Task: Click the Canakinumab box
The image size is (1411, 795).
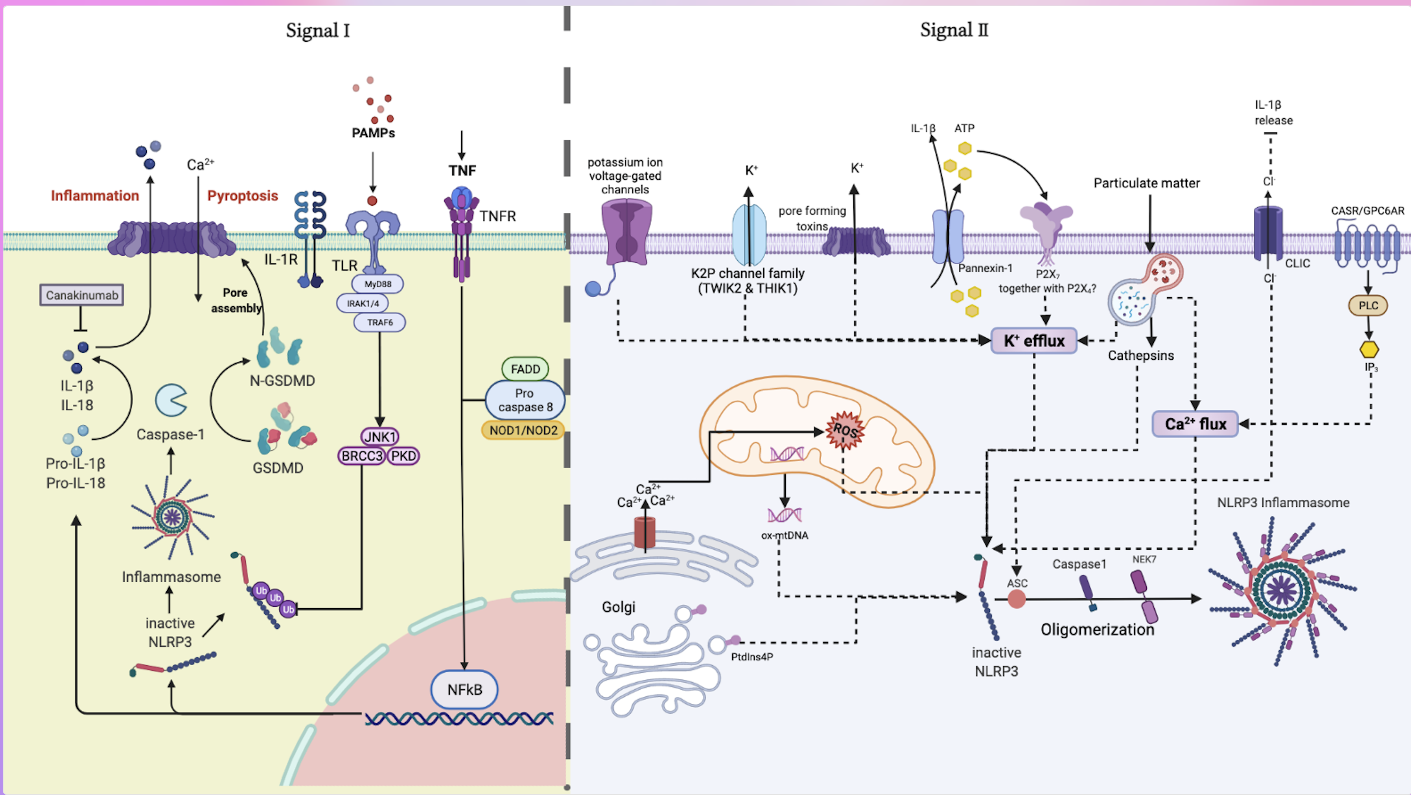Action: pyautogui.click(x=82, y=295)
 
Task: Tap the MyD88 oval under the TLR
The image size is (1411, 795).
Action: pyautogui.click(x=378, y=283)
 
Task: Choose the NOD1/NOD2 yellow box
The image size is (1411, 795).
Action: pyautogui.click(x=523, y=431)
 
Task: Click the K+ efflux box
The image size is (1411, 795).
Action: pyautogui.click(x=1033, y=340)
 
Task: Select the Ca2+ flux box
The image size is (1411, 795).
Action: pyautogui.click(x=1195, y=424)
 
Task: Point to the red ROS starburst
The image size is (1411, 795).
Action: pyautogui.click(x=845, y=431)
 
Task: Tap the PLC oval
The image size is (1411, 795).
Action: pyautogui.click(x=1368, y=305)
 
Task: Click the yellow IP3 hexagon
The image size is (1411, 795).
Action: pyautogui.click(x=1369, y=349)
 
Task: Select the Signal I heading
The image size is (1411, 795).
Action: pyautogui.click(x=318, y=31)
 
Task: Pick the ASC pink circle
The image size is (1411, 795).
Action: pyautogui.click(x=1017, y=599)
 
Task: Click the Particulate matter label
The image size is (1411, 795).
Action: pyautogui.click(x=1146, y=183)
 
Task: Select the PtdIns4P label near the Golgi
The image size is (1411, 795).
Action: pyautogui.click(x=752, y=657)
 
